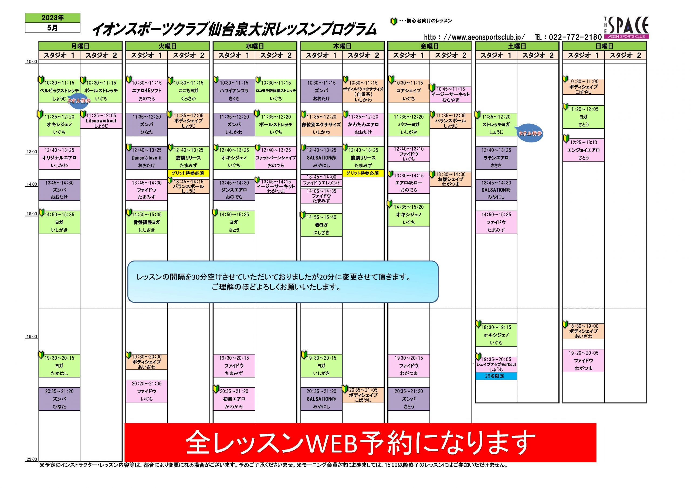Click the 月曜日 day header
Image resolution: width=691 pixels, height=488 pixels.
click(80, 46)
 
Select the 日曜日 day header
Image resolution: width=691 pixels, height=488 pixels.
click(604, 46)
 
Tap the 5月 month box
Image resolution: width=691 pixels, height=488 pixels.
click(53, 28)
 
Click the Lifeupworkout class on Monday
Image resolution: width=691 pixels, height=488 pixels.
click(101, 121)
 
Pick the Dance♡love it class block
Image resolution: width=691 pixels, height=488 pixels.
click(147, 158)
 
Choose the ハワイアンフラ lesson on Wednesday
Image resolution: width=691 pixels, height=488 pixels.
click(234, 91)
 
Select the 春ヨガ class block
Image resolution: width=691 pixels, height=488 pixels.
click(321, 225)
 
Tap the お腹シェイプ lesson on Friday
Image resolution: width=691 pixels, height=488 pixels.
click(450, 179)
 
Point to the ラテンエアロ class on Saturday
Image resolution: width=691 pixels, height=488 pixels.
click(496, 158)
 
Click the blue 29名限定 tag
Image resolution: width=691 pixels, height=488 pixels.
click(496, 376)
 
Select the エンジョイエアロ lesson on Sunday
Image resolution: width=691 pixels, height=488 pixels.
click(583, 150)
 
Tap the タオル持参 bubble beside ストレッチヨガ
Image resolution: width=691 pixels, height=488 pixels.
click(530, 133)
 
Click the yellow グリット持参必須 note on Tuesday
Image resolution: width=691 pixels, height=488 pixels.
click(188, 173)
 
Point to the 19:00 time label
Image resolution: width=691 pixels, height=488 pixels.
click(32, 336)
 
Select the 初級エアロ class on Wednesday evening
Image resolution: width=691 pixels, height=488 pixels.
click(234, 399)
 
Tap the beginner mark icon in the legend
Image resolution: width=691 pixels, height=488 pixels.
click(393, 21)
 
